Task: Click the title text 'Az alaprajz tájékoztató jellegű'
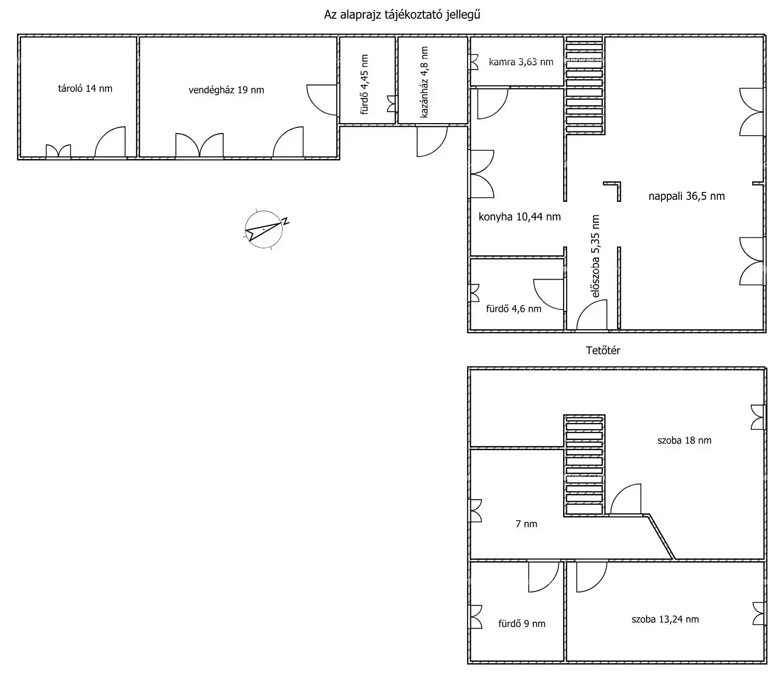point(402,15)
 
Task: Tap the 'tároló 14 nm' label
point(85,89)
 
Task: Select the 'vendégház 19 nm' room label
point(226,90)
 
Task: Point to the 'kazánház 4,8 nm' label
point(424,82)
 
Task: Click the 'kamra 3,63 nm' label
point(521,62)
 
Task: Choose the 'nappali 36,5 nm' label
point(687,196)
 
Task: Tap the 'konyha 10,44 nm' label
point(519,216)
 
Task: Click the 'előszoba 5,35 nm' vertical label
point(595,256)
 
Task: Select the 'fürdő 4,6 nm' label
point(514,308)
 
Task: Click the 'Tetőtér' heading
point(603,351)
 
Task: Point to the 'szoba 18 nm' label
point(684,440)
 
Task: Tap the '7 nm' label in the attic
point(526,524)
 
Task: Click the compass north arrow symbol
point(264,230)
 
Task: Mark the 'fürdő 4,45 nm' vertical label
point(364,84)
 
